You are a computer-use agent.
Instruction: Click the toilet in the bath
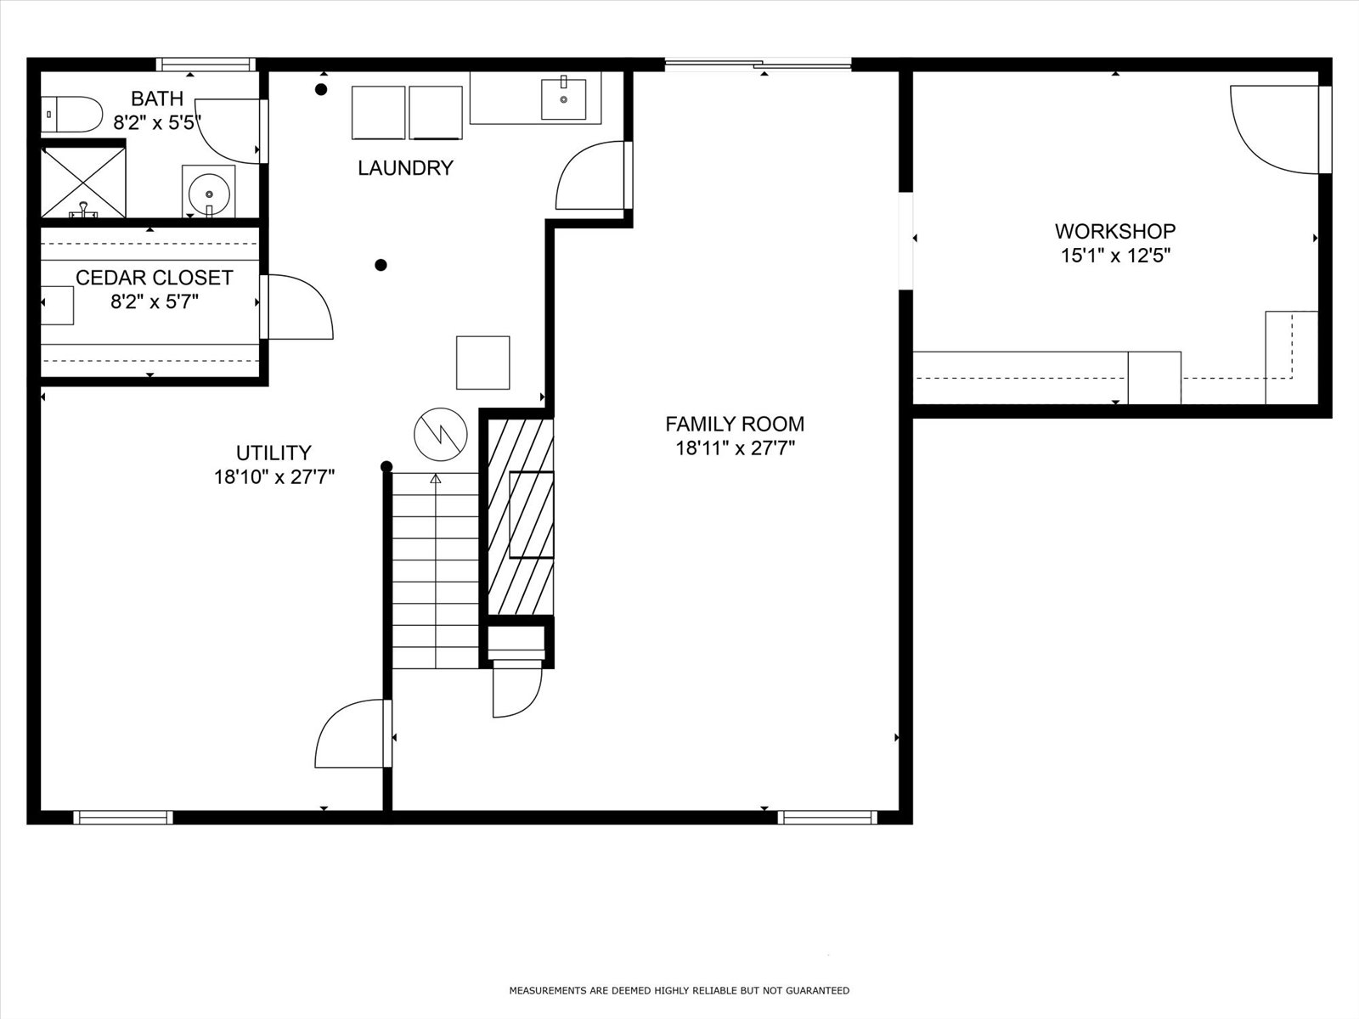(71, 115)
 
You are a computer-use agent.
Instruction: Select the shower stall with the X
(83, 183)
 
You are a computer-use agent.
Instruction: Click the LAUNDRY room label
(405, 167)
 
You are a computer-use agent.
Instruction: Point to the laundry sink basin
(563, 99)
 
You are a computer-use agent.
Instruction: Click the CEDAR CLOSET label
(155, 278)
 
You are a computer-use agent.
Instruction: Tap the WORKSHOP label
(1115, 231)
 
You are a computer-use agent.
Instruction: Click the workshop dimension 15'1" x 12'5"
(1116, 256)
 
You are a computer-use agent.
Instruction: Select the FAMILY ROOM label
(735, 424)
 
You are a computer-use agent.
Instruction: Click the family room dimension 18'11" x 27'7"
(735, 448)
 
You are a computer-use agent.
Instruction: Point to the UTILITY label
(273, 453)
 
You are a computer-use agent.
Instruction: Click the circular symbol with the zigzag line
(441, 434)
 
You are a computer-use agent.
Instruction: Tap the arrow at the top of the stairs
(436, 478)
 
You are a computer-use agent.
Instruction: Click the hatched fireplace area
(521, 516)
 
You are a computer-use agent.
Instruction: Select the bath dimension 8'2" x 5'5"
(157, 122)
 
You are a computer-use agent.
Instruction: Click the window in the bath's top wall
(206, 65)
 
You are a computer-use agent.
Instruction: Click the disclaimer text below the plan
(679, 990)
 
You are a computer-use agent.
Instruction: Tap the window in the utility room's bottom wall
(123, 817)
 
